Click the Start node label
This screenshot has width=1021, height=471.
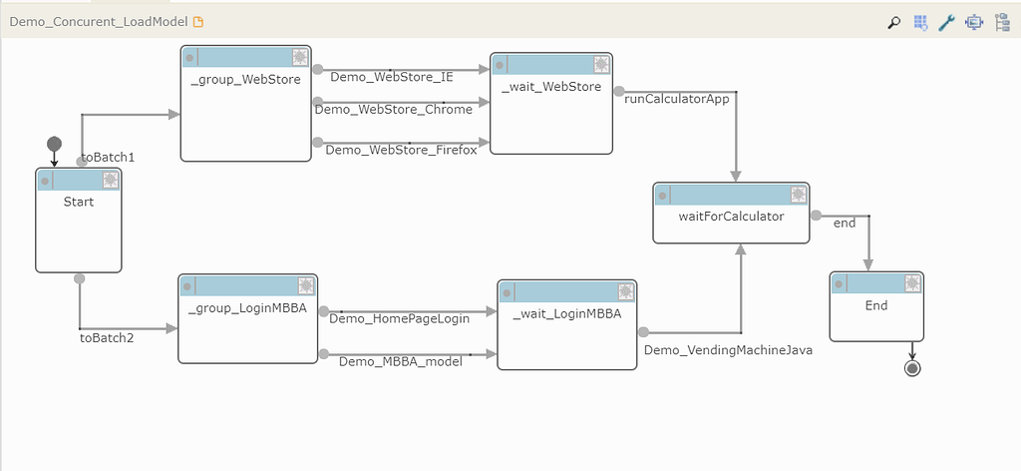point(78,202)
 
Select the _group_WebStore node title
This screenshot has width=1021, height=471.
point(245,79)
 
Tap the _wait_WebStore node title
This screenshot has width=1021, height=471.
point(551,86)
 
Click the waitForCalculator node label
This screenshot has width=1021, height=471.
point(731,216)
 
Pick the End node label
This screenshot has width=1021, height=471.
point(875,305)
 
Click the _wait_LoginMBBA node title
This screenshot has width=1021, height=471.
point(566,313)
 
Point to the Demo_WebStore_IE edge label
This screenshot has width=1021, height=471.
point(392,76)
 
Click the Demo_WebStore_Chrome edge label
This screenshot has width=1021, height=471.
point(393,109)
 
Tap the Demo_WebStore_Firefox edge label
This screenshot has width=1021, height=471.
point(401,150)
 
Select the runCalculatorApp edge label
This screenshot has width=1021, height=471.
point(677,99)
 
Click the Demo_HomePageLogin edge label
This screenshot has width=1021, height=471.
point(399,318)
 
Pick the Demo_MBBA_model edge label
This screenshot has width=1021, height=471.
point(401,361)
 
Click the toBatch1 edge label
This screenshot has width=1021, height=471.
point(108,157)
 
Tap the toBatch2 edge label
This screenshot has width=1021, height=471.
point(107,337)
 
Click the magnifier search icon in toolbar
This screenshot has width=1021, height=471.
point(894,22)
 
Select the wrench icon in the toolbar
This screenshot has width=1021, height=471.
point(947,22)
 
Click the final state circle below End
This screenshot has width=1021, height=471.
point(911,368)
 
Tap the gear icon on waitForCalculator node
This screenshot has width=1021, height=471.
point(799,195)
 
